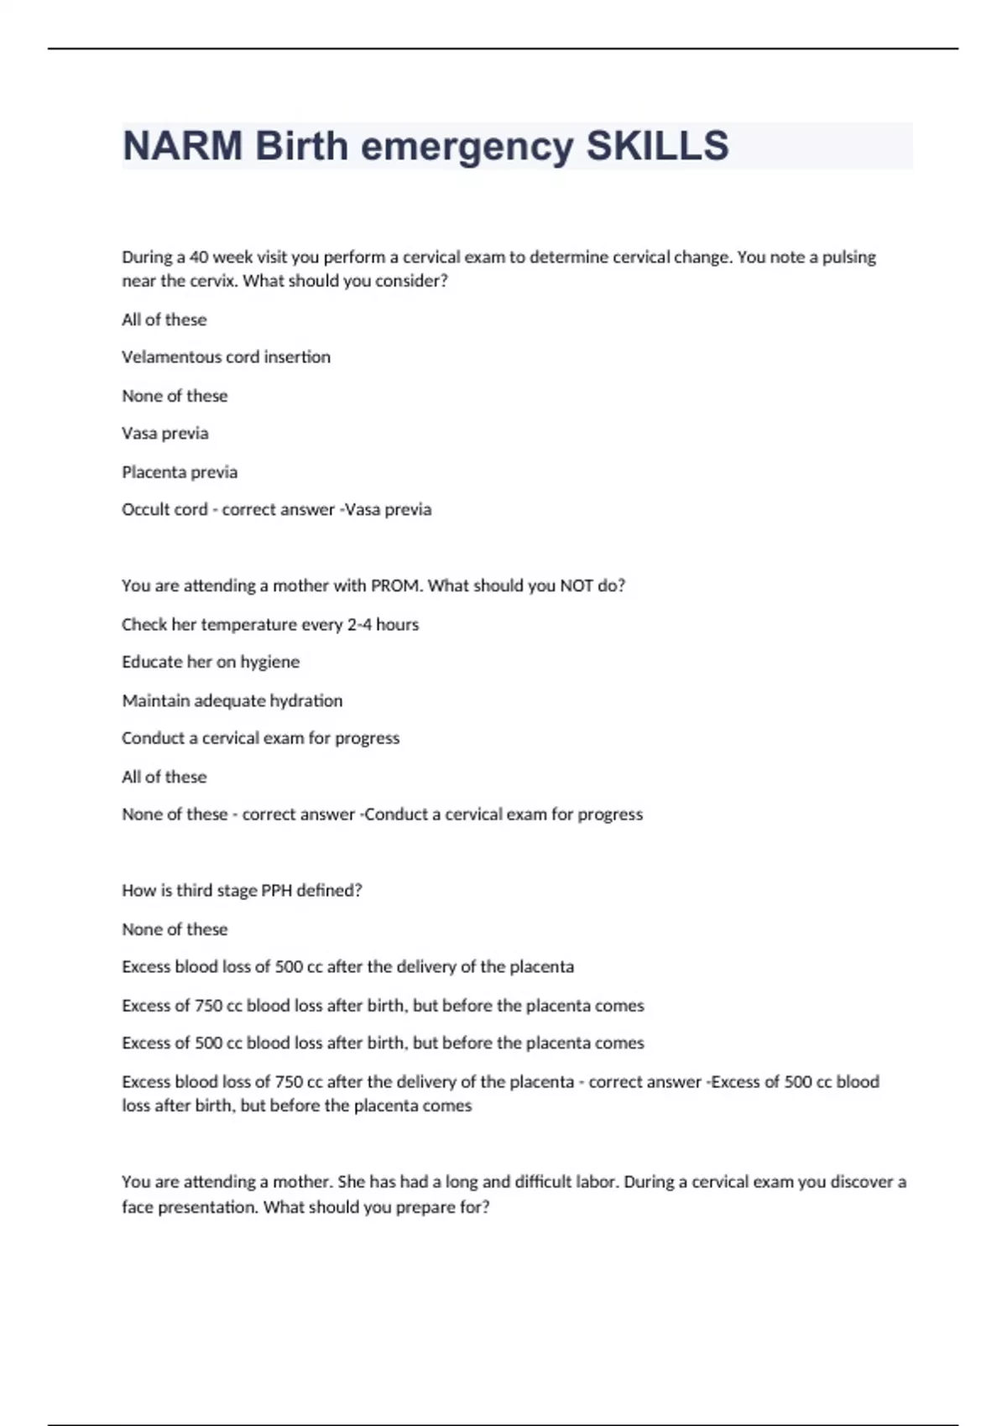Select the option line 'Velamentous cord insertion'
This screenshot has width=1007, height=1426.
pos(226,357)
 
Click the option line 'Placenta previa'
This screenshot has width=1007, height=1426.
pos(180,472)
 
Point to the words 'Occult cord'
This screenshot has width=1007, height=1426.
pos(164,510)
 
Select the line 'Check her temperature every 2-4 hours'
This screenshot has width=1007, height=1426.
pos(270,624)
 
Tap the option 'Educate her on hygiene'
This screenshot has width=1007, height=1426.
pos(211,662)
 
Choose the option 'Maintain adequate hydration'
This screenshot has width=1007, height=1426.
pos(232,700)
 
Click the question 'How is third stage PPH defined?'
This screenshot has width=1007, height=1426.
pos(242,891)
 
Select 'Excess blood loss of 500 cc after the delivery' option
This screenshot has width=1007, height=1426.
pos(347,967)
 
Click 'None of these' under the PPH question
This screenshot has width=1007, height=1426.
pos(175,929)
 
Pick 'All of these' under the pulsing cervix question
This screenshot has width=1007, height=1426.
pos(164,320)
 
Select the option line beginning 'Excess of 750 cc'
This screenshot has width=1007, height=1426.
pos(383,1006)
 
